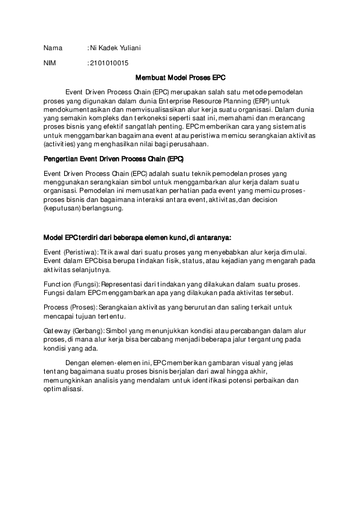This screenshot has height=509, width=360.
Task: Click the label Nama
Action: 53,48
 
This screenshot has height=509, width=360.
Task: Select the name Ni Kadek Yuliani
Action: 119,48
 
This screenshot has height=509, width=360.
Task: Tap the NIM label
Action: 50,63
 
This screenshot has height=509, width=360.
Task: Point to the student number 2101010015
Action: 109,63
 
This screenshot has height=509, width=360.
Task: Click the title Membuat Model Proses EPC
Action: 180,77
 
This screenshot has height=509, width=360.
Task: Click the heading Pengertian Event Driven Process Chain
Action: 114,159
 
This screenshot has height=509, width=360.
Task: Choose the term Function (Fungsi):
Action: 72,284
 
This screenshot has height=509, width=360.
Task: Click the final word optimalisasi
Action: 63,389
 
